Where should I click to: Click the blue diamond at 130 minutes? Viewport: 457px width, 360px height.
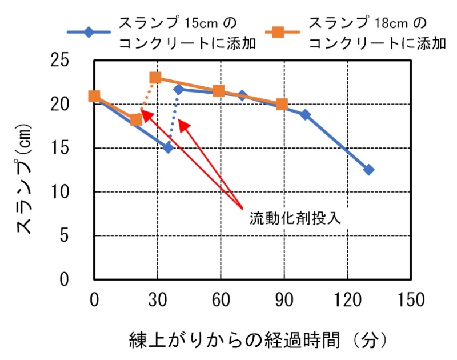coord(368,170)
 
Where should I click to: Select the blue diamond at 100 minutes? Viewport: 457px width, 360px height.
coord(305,114)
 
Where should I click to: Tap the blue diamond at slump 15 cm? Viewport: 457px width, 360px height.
coord(168,147)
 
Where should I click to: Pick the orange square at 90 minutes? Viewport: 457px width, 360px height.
coord(282,104)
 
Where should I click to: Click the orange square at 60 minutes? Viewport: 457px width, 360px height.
coord(218,91)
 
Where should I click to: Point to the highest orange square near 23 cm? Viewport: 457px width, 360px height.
coord(155,78)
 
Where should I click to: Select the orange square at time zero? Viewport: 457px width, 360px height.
coord(94,96)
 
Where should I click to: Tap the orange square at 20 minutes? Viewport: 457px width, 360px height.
coord(136,119)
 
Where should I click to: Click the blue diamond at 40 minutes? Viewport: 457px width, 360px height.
coord(178,89)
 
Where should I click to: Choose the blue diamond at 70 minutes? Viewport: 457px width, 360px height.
coord(242,95)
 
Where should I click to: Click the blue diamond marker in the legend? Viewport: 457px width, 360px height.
coord(89,33)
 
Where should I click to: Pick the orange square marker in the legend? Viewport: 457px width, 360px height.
coord(279,33)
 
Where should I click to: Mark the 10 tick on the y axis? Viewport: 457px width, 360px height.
coord(74,192)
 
